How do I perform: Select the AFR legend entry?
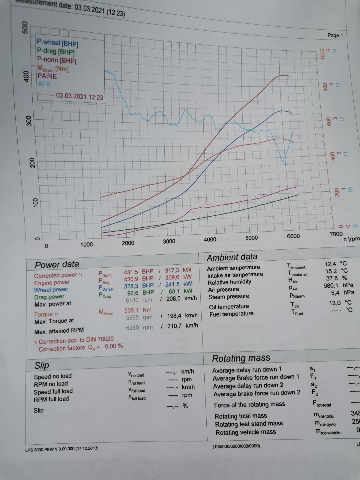44,84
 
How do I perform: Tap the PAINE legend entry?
47,76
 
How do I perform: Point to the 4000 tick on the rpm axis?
210,239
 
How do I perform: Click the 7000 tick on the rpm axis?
336,234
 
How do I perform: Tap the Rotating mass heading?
241,358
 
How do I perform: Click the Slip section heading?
42,365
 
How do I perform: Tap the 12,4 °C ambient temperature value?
336,264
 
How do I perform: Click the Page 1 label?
335,35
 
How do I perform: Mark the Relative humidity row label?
229,282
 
